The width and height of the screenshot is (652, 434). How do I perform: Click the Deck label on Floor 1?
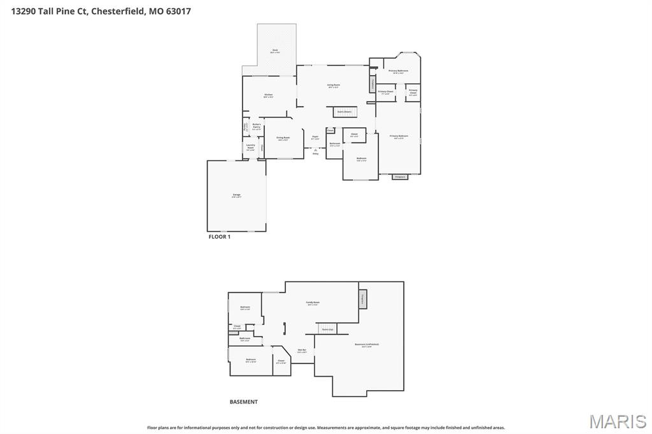(x=275, y=50)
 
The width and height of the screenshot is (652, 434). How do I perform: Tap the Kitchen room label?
(x=269, y=95)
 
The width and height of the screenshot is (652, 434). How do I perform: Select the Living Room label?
(x=333, y=85)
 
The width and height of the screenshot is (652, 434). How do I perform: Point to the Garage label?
(x=236, y=195)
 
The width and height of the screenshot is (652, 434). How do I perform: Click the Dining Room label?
(x=283, y=138)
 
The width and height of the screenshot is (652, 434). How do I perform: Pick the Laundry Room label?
(x=250, y=148)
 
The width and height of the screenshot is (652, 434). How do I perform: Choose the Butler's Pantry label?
(x=257, y=126)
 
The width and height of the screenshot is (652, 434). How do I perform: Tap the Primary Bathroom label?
(x=398, y=71)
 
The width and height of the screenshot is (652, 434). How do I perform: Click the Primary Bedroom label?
(x=399, y=136)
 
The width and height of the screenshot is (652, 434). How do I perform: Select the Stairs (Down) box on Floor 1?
(x=344, y=112)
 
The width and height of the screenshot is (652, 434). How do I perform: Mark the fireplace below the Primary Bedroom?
(x=400, y=176)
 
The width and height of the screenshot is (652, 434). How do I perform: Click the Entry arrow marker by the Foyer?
(x=315, y=150)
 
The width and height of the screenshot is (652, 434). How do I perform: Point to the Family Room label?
(x=313, y=303)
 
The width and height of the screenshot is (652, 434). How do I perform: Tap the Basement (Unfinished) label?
(x=366, y=345)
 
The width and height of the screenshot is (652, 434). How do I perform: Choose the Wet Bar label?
(x=302, y=351)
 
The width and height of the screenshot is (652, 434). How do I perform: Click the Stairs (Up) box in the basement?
(x=327, y=329)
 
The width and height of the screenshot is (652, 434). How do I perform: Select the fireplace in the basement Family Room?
(x=363, y=298)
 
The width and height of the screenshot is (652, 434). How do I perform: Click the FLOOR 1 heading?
(x=220, y=237)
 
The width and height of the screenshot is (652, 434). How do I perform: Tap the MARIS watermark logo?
(x=618, y=421)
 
